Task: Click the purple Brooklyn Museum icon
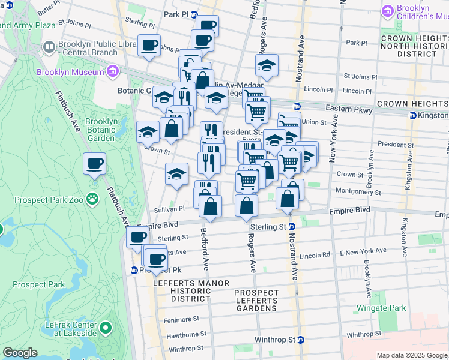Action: click(x=112, y=73)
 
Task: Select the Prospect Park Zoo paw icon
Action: click(x=92, y=198)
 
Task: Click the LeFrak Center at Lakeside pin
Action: click(x=106, y=328)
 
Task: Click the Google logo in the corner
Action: click(x=20, y=353)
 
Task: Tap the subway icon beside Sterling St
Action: click(x=291, y=227)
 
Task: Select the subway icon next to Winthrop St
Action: click(x=300, y=340)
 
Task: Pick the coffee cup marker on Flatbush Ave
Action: click(x=94, y=164)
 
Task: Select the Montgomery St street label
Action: click(x=358, y=193)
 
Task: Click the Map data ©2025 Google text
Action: click(x=411, y=355)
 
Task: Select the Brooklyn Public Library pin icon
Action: click(x=49, y=46)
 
